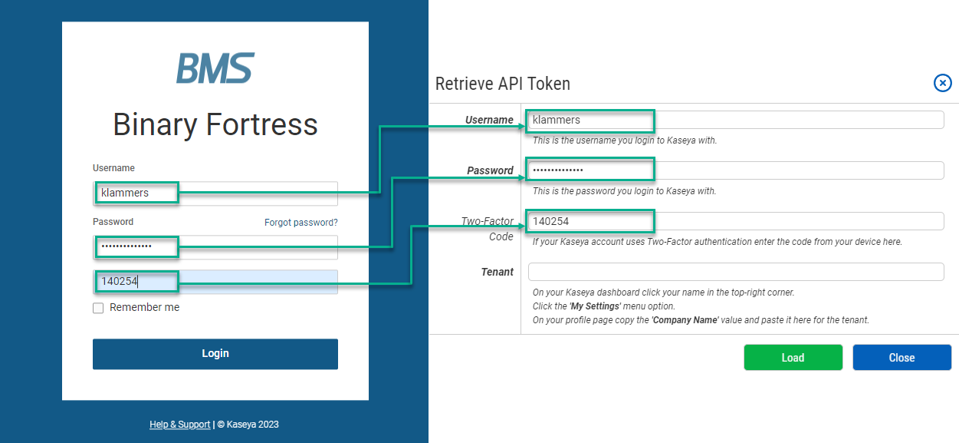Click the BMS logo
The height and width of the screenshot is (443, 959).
215,68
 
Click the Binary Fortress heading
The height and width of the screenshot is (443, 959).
215,124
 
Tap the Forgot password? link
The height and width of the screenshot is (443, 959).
301,223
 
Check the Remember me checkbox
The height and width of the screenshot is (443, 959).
98,308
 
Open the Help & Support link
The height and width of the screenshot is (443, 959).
179,425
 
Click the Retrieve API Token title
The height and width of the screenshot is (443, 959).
502,84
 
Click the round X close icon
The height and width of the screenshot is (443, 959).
942,83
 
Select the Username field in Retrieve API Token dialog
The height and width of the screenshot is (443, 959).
735,120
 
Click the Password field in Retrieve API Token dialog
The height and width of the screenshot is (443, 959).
735,170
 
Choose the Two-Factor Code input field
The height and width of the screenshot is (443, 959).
735,221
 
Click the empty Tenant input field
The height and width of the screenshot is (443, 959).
735,272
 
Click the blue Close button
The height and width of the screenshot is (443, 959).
902,358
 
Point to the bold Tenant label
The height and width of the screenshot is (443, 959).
497,272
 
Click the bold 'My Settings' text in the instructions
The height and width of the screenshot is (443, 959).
595,306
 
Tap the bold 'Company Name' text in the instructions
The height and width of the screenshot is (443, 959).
685,320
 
